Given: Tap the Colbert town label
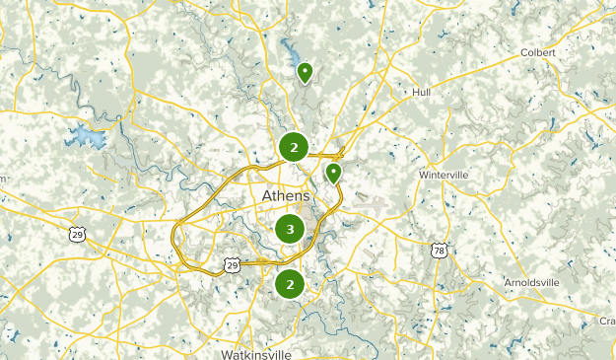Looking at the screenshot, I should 539,52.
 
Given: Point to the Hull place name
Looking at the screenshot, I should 421,92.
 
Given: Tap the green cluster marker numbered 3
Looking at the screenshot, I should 289,230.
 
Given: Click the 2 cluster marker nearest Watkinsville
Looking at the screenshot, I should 290,285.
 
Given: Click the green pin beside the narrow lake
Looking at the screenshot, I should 305,72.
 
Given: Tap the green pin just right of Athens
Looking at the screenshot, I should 334,175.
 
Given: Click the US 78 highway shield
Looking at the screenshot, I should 440,251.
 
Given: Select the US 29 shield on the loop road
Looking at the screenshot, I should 231,265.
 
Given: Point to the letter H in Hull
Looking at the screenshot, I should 415,92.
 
